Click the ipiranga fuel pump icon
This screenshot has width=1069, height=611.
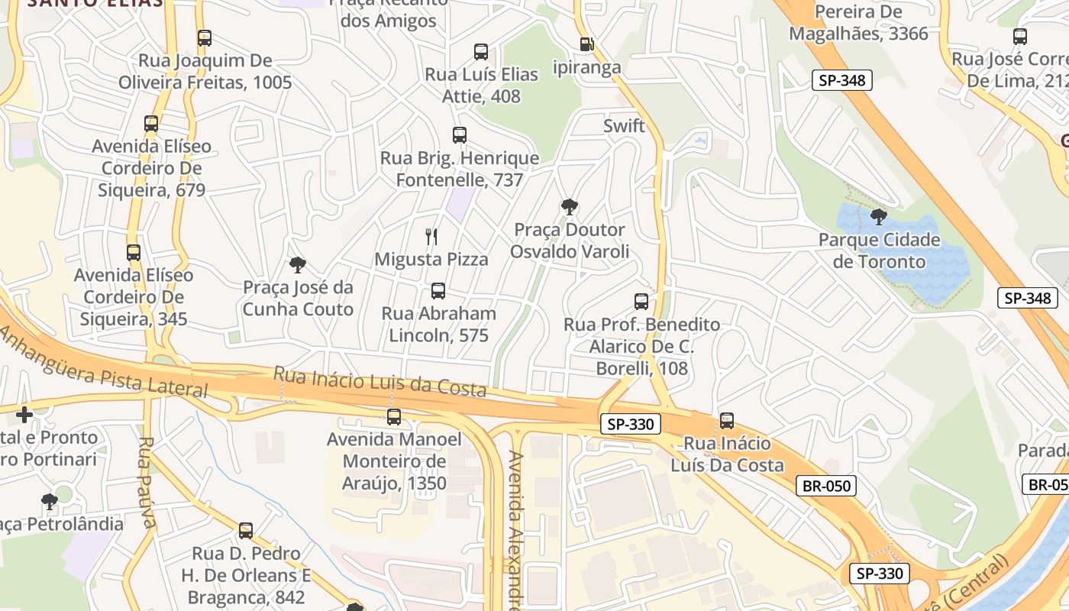coord(586,44)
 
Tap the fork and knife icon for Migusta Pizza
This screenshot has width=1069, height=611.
coord(431,237)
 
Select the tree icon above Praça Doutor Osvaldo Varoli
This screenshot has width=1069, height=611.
coord(569,206)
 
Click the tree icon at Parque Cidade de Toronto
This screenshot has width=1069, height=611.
coord(878,217)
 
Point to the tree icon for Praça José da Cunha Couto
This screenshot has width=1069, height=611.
coord(298,265)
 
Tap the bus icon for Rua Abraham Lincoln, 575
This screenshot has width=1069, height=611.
coord(438,291)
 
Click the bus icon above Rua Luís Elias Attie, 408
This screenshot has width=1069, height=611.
coord(480,52)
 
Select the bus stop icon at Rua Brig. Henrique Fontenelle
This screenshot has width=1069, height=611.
coord(459,135)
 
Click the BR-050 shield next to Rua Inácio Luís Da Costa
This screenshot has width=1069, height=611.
coord(825,486)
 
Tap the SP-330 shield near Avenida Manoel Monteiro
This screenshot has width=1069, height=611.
coord(630,424)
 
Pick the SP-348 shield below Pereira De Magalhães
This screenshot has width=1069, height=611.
coord(841,80)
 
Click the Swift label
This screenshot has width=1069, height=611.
coord(624,126)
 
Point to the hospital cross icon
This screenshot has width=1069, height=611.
coord(24,415)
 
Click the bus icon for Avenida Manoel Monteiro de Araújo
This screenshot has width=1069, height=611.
coord(394,417)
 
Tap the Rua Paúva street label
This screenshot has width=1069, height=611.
coord(147,482)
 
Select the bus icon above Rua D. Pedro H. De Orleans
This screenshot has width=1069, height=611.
coord(245,531)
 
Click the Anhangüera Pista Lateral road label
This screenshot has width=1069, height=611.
coord(103,362)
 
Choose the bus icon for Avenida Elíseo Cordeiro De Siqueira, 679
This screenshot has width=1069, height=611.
coord(151,124)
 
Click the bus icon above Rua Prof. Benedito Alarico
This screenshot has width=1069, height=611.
coord(641,302)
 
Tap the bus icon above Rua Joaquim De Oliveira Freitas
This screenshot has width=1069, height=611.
coord(204,38)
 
